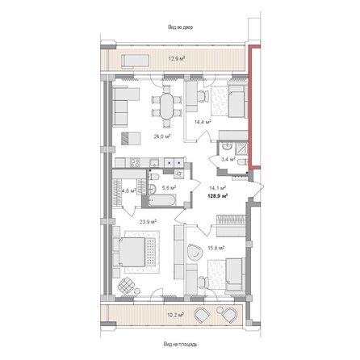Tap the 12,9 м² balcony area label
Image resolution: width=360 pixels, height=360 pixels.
(x=176, y=59)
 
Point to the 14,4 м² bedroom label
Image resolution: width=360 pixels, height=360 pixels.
(x=203, y=122)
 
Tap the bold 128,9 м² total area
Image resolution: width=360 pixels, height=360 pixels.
(x=217, y=195)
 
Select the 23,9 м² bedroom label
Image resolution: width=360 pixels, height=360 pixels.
(x=148, y=219)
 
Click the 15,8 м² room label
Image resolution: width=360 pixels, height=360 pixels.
(x=214, y=228)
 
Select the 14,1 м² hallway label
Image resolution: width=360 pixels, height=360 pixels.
(x=217, y=187)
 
